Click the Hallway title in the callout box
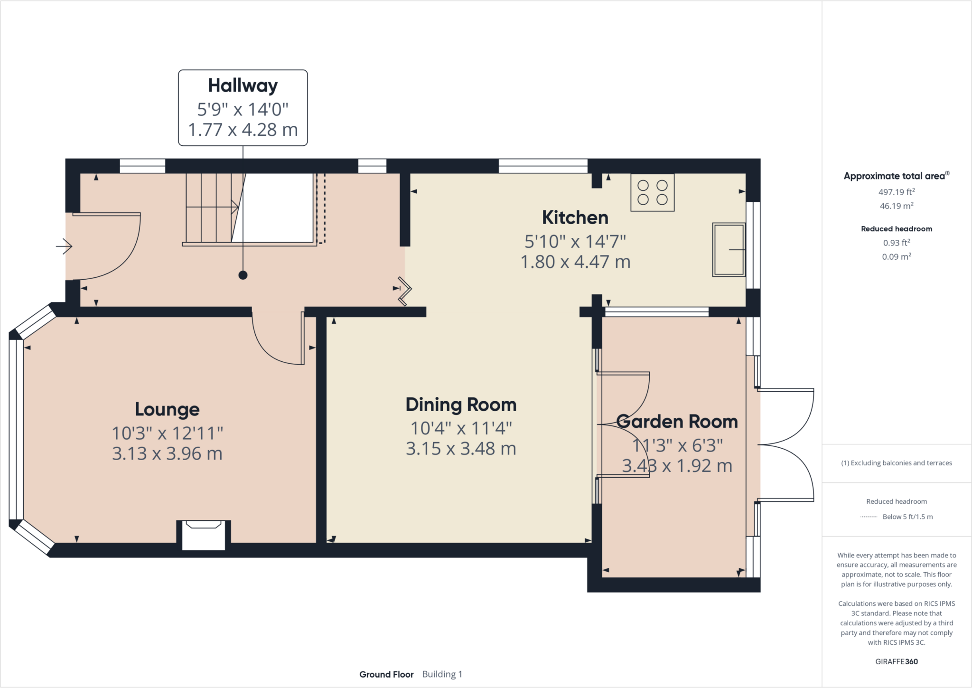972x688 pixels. [x=243, y=85]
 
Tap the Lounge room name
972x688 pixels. [x=167, y=409]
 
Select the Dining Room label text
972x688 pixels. [x=461, y=405]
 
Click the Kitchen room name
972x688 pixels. [x=575, y=217]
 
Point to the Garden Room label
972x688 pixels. [x=677, y=422]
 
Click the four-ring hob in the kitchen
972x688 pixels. [x=652, y=192]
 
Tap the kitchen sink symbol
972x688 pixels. [x=729, y=249]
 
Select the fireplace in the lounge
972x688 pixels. [x=204, y=536]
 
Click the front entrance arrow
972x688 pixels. [x=64, y=246]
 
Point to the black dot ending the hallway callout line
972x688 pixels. [x=243, y=275]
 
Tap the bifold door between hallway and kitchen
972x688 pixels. [x=405, y=290]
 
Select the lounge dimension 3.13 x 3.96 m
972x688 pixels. [x=167, y=453]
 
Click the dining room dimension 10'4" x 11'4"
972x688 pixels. [x=461, y=428]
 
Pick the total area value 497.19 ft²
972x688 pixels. [x=896, y=192]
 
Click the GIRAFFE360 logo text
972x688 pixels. [x=896, y=661]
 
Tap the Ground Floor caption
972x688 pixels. [x=386, y=674]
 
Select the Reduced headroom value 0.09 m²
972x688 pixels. [x=896, y=257]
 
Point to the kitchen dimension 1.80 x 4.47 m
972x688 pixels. [x=575, y=262]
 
